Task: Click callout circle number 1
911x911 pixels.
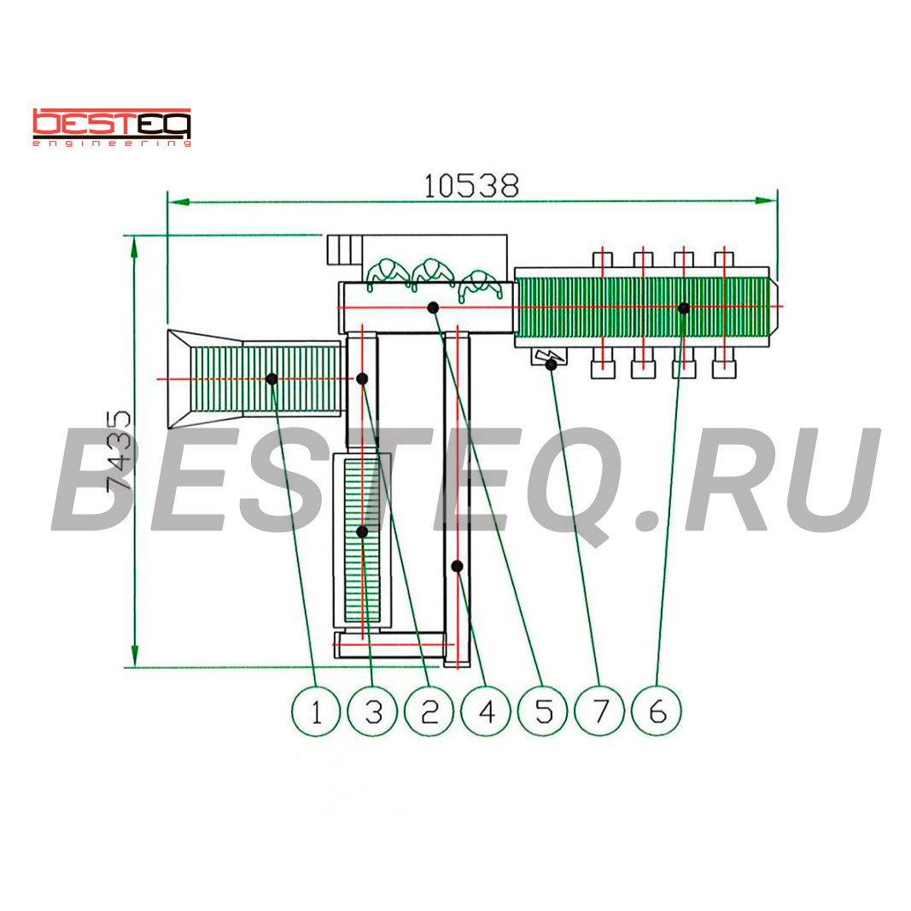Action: tap(316, 710)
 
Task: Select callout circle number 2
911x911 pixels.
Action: tap(429, 710)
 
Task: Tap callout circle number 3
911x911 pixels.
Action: tap(372, 710)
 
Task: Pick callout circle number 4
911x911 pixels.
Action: tap(486, 710)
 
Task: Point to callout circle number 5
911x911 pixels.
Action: tap(543, 710)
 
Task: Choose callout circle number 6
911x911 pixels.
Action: tap(657, 710)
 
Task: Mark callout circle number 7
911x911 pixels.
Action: tap(599, 710)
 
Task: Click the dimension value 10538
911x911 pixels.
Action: tap(471, 186)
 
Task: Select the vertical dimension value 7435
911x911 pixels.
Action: tap(120, 452)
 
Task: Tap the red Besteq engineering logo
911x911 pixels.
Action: tap(112, 127)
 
